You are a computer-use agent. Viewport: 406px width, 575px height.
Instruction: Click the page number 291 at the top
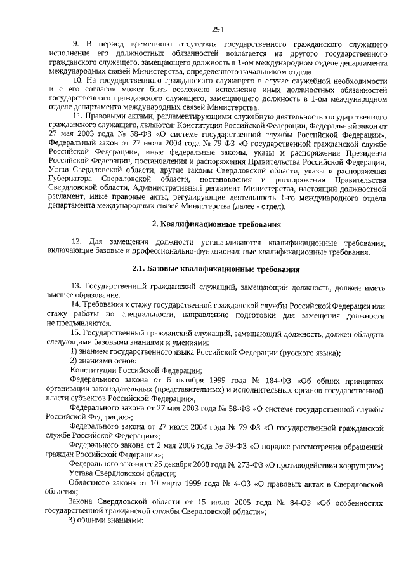[x=218, y=29]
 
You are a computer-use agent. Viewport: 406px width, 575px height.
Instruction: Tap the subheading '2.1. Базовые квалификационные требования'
[x=216, y=269]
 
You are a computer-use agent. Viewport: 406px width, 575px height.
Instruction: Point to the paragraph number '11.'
[x=79, y=118]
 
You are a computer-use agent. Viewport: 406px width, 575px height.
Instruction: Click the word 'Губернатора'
[x=72, y=180]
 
